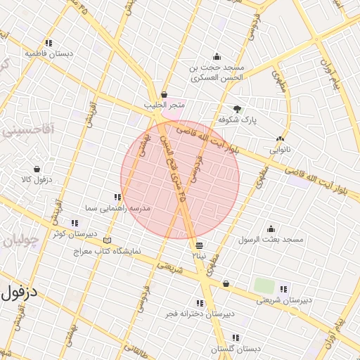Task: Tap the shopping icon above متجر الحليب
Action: tap(164, 94)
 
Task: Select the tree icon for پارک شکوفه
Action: tap(237, 109)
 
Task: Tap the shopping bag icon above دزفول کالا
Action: tap(37, 169)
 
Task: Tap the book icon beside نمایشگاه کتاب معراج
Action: tap(107, 240)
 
